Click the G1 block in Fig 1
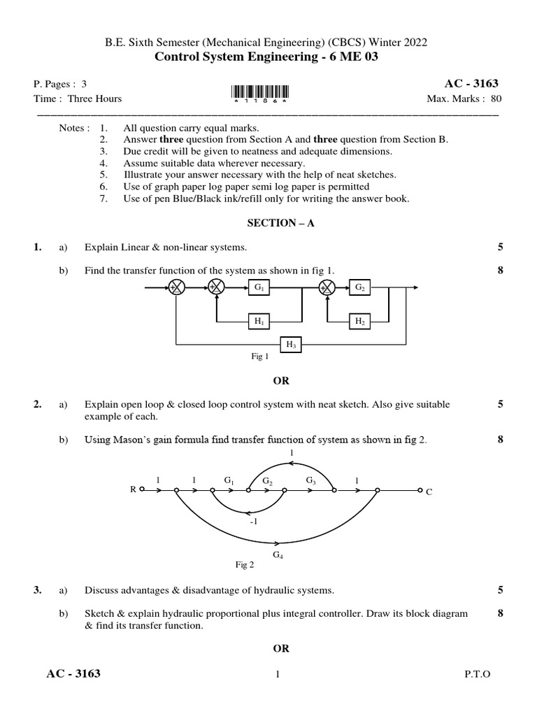point(258,288)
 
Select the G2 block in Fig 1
point(360,288)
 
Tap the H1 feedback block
point(258,321)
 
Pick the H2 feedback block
point(360,321)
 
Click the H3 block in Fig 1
point(291,344)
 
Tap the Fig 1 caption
point(259,357)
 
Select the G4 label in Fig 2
point(278,554)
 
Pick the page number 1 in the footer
point(278,674)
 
